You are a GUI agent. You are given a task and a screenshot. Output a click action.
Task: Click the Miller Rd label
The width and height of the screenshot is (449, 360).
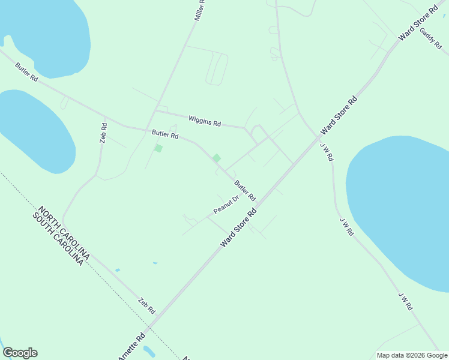[x=200, y=11]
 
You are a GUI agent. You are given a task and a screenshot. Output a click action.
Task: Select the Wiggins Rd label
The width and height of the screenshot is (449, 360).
[x=205, y=121]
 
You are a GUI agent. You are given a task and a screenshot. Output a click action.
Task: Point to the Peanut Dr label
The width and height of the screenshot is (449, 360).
[x=226, y=205]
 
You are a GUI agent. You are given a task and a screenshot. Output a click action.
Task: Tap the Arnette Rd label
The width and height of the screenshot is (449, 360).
[x=132, y=346]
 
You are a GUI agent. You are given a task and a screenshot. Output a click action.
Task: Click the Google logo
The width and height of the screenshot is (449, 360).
[x=20, y=353]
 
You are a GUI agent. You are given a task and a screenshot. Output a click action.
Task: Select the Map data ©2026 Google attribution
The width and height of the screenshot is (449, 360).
[x=412, y=355]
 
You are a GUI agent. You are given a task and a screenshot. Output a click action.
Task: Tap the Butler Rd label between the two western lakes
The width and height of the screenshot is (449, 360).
[x=27, y=72]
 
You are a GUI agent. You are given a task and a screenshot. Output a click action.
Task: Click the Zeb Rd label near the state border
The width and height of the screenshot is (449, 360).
[x=146, y=307]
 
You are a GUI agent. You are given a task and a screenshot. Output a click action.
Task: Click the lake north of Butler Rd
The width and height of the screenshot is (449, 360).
[x=45, y=33]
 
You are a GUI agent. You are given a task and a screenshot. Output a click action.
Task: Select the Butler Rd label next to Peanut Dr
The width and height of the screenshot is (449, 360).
[x=245, y=191]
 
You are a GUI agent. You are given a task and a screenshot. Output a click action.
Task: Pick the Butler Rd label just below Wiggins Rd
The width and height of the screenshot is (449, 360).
[x=165, y=135]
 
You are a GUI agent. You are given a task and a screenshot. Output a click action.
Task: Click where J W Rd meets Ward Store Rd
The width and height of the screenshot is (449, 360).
[x=319, y=137]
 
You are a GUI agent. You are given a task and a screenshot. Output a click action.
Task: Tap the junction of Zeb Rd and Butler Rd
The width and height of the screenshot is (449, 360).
[x=106, y=118]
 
